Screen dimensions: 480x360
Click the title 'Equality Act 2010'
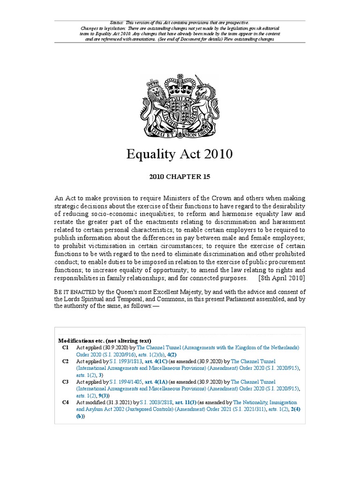click(x=180, y=154)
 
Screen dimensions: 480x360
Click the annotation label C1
click(x=65, y=347)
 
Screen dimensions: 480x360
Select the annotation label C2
click(x=65, y=361)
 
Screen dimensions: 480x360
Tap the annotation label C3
click(x=65, y=382)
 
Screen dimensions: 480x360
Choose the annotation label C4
click(x=65, y=402)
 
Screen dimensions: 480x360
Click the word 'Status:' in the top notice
click(x=117, y=22)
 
